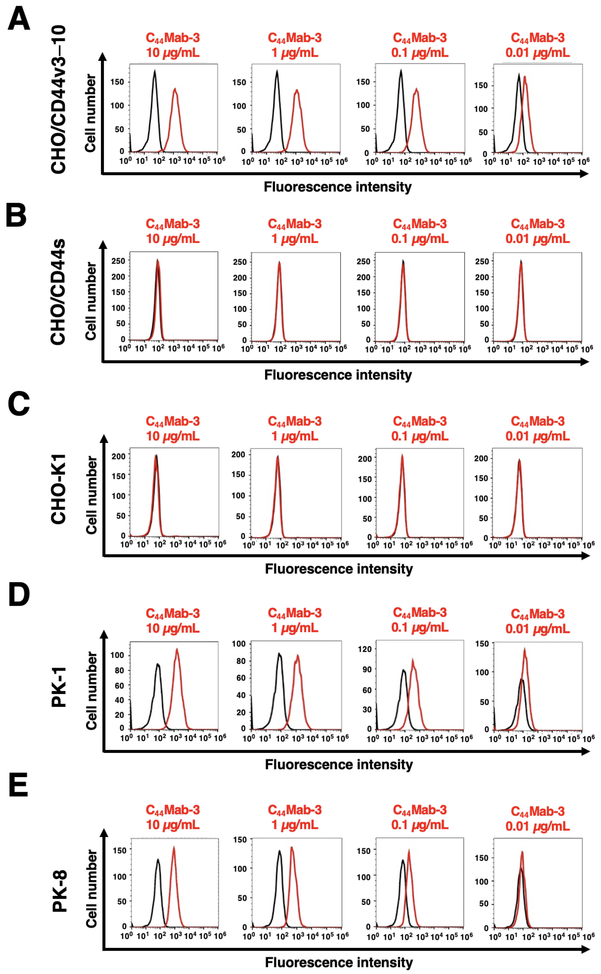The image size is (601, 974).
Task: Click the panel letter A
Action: point(19,19)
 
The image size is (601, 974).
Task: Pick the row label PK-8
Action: point(60,891)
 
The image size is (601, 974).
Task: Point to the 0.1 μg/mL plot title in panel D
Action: point(420,620)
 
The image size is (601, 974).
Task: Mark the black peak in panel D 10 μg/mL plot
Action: point(158,664)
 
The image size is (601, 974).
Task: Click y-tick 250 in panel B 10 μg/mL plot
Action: point(118,261)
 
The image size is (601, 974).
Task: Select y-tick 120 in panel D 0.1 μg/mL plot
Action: point(365,649)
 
